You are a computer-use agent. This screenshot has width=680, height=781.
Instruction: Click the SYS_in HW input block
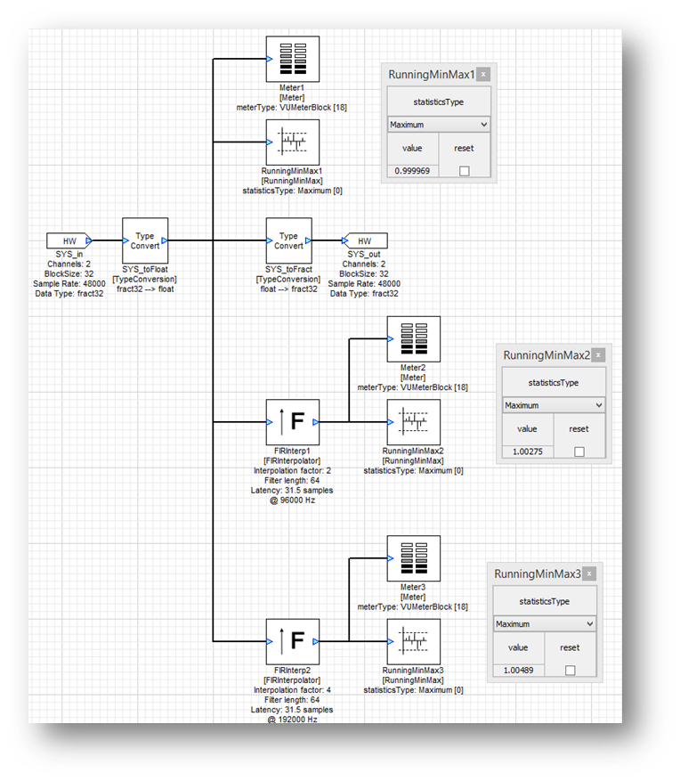coord(69,240)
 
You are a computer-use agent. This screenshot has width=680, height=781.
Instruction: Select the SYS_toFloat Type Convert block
coord(144,240)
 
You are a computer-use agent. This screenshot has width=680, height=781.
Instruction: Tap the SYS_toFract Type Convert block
coord(288,240)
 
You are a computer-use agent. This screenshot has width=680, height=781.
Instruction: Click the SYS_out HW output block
coord(364,240)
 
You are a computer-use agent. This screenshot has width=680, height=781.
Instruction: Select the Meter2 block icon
coord(414,338)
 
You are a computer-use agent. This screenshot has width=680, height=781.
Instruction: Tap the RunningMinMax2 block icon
coord(414,421)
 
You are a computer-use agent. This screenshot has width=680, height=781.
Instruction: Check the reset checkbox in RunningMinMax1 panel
coord(464,171)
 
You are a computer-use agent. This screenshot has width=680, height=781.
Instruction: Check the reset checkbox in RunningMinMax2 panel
coord(579,452)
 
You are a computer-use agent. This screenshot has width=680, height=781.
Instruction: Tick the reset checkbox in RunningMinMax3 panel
coord(570,671)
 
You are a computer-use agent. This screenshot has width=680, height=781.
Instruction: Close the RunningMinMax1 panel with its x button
coord(483,75)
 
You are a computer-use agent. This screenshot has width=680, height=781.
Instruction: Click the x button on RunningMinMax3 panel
coord(589,574)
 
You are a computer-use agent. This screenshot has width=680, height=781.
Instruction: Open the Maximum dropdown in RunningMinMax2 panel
coord(553,405)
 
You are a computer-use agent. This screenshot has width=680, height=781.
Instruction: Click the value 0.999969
coord(411,170)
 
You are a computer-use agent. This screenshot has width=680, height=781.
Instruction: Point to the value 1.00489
coord(517,671)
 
